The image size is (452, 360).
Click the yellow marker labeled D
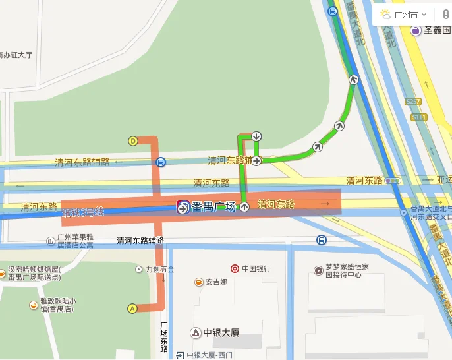133,140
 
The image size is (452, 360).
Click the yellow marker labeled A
132,308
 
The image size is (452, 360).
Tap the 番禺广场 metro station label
213,207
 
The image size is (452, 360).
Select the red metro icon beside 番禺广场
183,207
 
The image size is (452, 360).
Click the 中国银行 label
256,269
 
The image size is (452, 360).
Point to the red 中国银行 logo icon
235,269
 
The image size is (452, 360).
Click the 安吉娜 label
215,282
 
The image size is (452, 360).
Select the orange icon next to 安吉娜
198,282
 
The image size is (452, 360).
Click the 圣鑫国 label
436,30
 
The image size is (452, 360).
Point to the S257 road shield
413,102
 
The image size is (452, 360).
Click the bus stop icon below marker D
161,162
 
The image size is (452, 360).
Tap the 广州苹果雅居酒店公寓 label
75,241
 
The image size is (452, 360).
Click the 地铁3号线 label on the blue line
83,212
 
